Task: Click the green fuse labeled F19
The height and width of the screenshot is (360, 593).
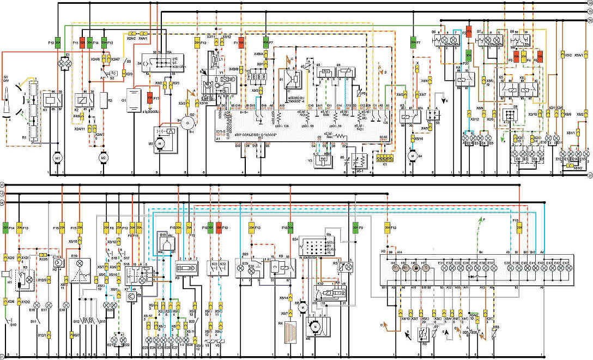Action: pos(57,42)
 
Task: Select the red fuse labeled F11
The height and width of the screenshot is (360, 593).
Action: pos(83,42)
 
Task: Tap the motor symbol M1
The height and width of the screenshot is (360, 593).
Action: pos(57,158)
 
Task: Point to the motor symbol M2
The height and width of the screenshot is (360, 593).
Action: pos(102,158)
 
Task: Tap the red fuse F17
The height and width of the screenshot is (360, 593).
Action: pos(150,99)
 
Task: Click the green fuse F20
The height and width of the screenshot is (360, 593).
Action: pos(468,56)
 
